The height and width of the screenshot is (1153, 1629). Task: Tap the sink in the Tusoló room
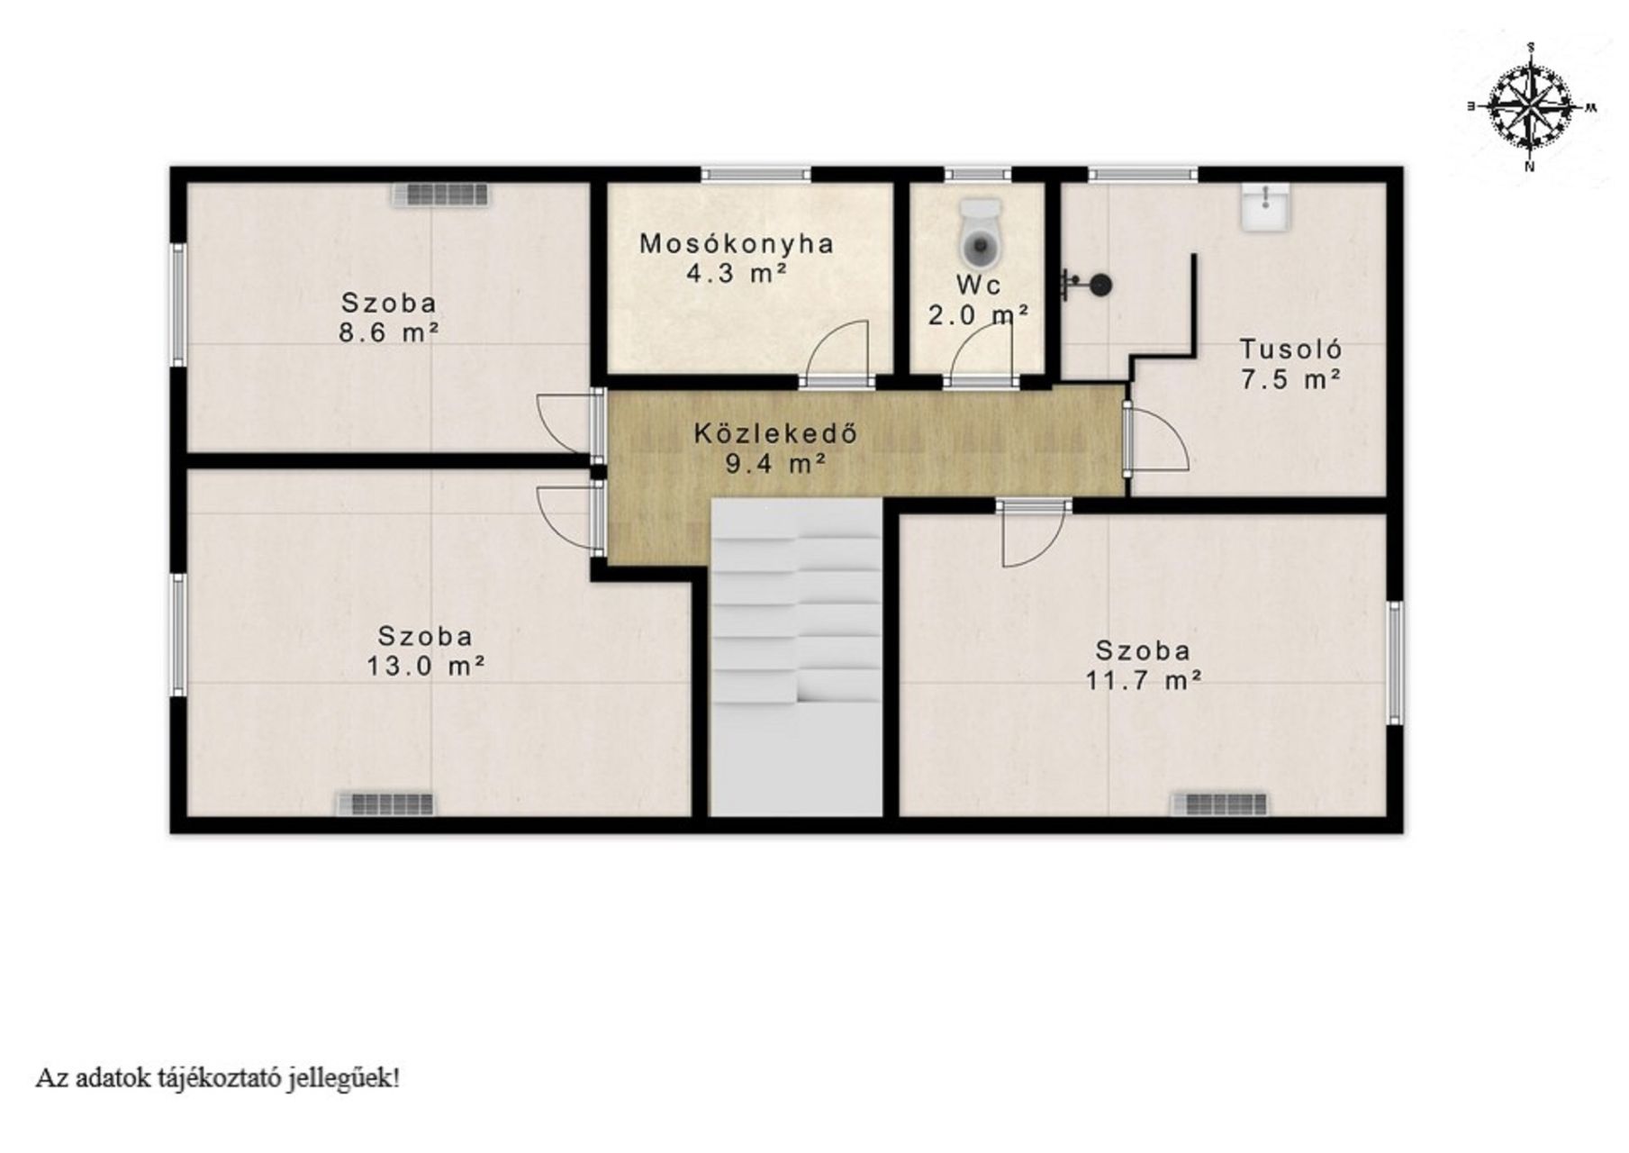(1267, 206)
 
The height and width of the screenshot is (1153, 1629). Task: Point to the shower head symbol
(1087, 285)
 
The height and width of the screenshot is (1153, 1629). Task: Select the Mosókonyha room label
(737, 243)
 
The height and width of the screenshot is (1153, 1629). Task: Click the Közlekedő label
(774, 433)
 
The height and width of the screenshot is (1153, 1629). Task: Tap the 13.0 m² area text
(426, 666)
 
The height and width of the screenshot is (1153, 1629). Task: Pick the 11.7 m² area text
(1144, 679)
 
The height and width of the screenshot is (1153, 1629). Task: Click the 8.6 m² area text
(389, 332)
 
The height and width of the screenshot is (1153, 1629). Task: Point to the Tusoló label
(1291, 349)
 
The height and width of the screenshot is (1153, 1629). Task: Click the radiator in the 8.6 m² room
(440, 195)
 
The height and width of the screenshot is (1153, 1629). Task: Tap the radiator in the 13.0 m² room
(385, 803)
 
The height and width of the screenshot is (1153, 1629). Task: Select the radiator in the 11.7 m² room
(1219, 803)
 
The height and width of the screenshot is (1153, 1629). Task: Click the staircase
(796, 658)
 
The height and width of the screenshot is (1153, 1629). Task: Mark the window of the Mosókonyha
(756, 174)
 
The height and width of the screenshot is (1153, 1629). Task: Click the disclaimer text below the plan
(217, 1078)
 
